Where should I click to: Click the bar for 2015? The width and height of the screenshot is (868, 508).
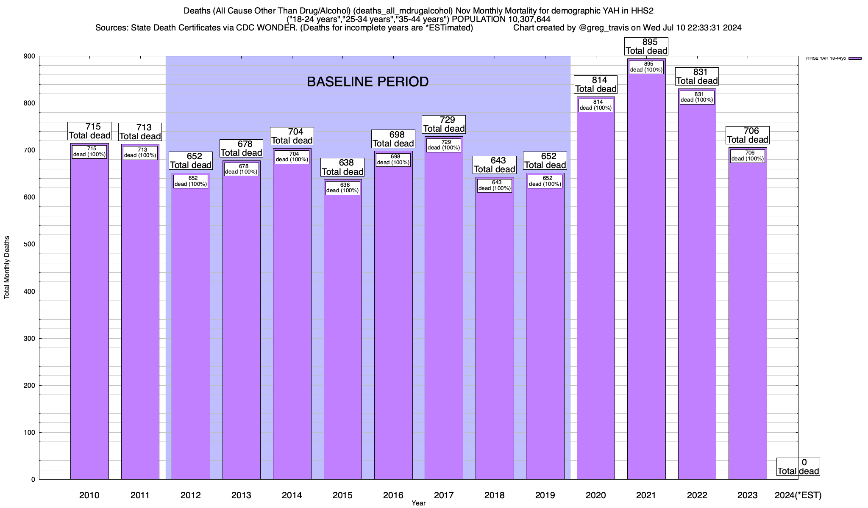point(342,334)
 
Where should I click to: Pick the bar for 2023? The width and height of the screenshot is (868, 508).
point(748,317)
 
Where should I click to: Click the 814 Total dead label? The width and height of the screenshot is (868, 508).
point(595,84)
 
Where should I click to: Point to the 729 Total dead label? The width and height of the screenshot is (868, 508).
point(444,124)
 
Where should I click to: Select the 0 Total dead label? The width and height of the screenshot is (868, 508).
point(798,467)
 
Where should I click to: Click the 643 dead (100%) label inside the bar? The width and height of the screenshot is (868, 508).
point(495,185)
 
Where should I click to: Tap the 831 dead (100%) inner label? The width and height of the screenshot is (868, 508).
point(697,97)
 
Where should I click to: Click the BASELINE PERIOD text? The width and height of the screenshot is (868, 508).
point(367,82)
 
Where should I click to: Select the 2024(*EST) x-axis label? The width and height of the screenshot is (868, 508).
point(798,495)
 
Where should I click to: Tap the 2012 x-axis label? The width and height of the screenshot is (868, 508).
point(191,495)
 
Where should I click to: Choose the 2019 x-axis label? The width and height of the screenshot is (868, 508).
point(545,495)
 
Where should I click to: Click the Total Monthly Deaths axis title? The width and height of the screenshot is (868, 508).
point(7,268)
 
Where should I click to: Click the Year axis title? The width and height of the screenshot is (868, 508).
point(418,503)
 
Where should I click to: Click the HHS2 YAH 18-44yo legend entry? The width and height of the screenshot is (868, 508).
point(833,58)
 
